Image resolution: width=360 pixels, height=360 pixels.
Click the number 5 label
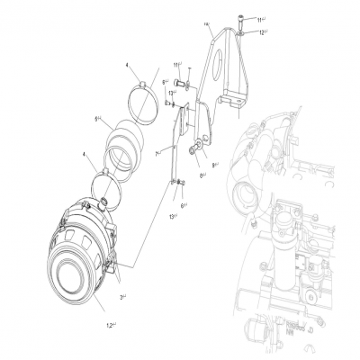tap(97, 119)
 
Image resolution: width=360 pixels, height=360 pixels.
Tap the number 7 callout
tap(157, 154)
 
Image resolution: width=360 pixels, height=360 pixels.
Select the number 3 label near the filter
tap(122, 296)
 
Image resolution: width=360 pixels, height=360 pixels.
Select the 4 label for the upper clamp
tap(128, 64)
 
